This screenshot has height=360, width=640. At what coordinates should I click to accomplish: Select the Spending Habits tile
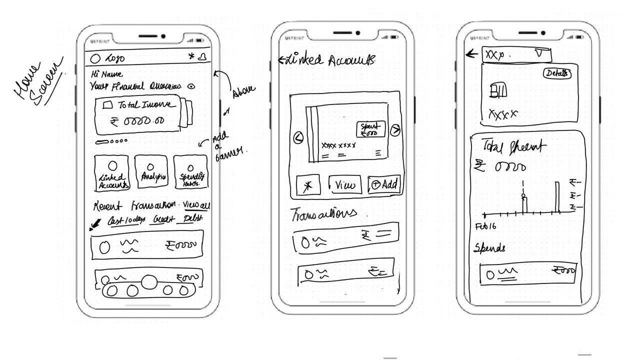(190, 172)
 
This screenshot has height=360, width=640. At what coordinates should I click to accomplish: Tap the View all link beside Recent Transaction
(196, 205)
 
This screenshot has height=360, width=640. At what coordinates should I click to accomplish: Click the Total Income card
(137, 114)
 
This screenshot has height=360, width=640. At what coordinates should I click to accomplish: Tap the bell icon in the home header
(202, 57)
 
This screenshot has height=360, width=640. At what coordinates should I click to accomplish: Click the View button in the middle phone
(345, 185)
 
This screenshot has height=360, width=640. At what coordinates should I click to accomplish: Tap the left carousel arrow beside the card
(298, 137)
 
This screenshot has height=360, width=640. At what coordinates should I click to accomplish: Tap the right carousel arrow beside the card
(395, 130)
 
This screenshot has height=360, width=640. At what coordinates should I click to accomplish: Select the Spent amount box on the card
(371, 129)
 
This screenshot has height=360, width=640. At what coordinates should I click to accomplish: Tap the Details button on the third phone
(556, 73)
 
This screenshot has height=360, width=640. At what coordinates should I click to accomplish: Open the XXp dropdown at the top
(516, 54)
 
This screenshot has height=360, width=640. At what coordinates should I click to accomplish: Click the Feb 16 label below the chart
(486, 226)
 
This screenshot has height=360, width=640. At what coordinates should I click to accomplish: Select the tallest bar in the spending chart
(556, 198)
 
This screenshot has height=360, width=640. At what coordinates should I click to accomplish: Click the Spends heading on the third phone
(489, 248)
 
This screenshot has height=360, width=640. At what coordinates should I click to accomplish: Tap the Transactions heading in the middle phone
(324, 213)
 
